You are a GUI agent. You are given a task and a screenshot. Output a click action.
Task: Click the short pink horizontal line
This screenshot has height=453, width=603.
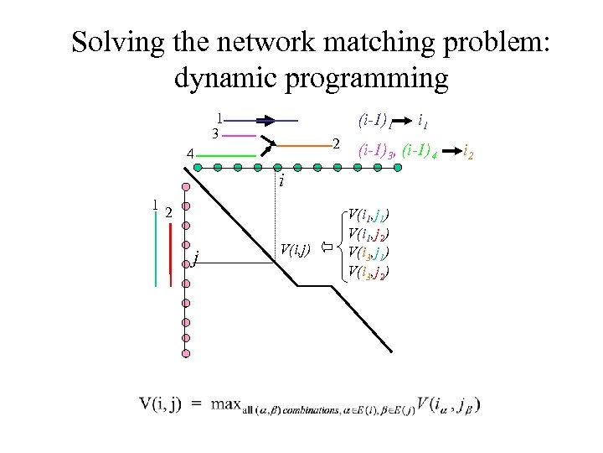point(239,135)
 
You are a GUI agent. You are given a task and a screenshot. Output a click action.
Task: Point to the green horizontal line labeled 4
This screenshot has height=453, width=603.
point(227,156)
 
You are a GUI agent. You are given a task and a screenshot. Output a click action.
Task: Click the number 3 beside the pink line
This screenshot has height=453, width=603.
point(215,134)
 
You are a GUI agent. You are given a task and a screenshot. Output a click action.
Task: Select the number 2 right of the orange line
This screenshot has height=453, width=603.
point(335,143)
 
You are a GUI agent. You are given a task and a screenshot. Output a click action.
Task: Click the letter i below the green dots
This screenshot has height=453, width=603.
point(282,180)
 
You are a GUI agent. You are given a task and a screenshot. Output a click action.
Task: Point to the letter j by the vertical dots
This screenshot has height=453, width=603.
point(194,257)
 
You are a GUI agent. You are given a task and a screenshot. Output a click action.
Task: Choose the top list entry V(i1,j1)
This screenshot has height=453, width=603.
point(372,215)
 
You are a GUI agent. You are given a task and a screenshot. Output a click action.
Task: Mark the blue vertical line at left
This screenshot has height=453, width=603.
point(157,243)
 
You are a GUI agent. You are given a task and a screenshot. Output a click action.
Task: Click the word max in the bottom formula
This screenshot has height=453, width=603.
point(227,405)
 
